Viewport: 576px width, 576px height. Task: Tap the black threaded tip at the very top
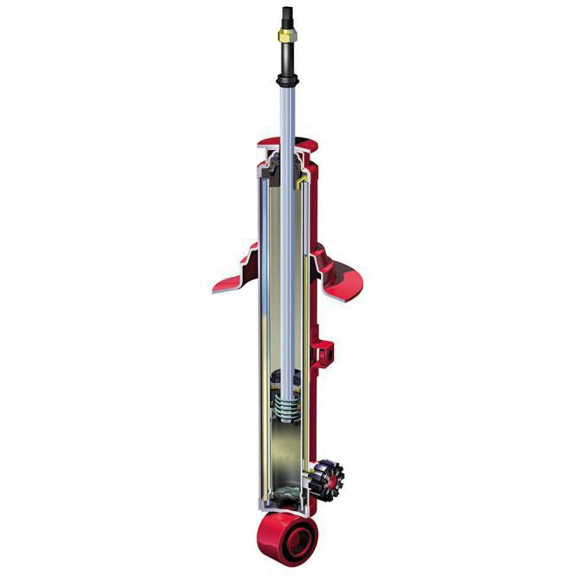[288, 13]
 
